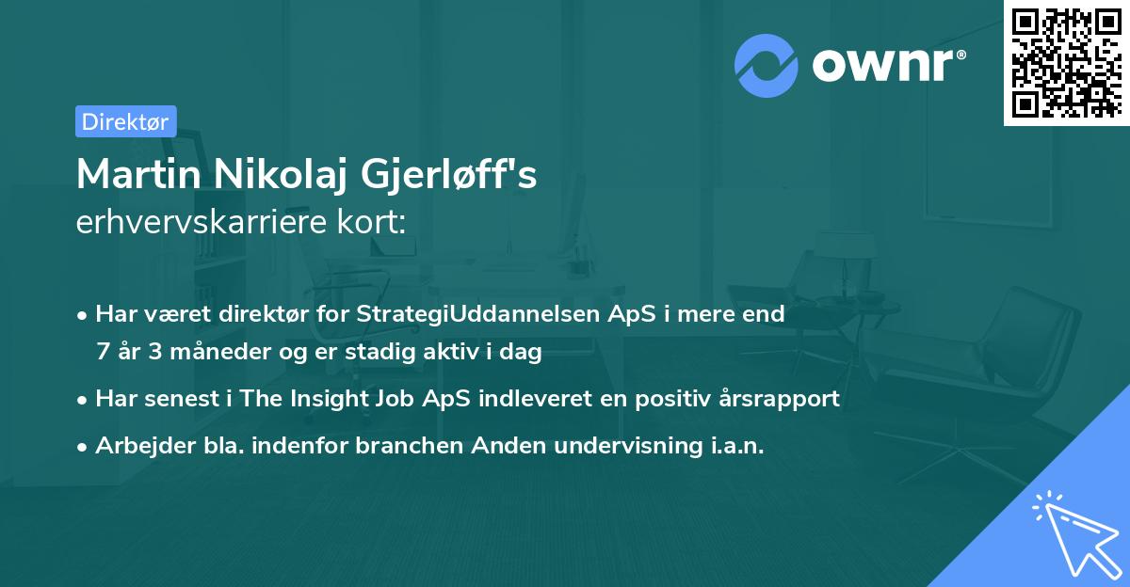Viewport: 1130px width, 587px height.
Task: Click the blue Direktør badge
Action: click(x=126, y=121)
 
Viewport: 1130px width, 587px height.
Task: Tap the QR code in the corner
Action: click(x=1067, y=63)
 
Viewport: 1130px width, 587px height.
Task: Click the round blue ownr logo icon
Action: click(x=766, y=66)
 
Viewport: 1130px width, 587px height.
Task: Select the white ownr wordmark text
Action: click(x=889, y=65)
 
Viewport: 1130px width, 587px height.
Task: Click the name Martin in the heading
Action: click(x=138, y=174)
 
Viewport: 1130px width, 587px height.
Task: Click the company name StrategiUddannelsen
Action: click(x=478, y=314)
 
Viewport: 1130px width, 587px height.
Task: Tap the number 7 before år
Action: click(x=103, y=351)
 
